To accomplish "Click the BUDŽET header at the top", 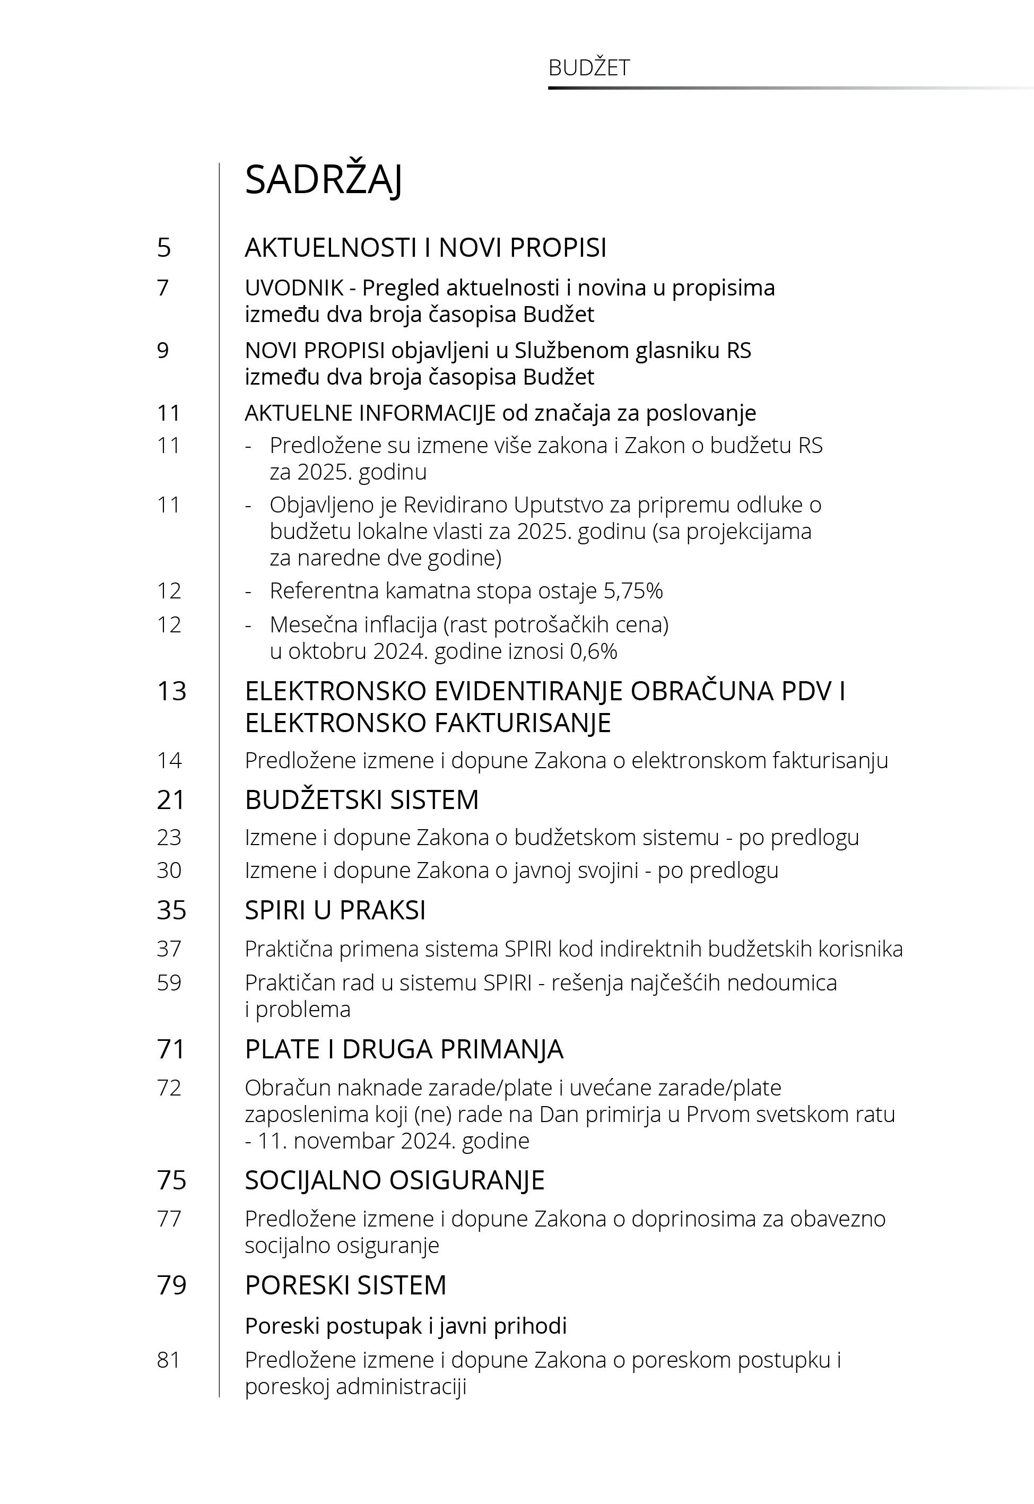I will [588, 68].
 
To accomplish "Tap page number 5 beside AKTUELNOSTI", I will [164, 247].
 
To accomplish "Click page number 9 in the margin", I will [163, 351].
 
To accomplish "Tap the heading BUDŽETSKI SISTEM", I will [361, 800].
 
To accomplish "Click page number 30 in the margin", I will [169, 870].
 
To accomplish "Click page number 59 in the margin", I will [169, 983].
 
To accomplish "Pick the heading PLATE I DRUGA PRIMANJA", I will [404, 1049].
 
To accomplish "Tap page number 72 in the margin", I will [169, 1088].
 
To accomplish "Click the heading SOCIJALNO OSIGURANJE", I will [395, 1180].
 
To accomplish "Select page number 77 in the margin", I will [169, 1219].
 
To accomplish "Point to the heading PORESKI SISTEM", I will [345, 1285].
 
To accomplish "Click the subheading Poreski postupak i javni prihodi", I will [405, 1326].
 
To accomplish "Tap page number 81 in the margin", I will [169, 1360].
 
